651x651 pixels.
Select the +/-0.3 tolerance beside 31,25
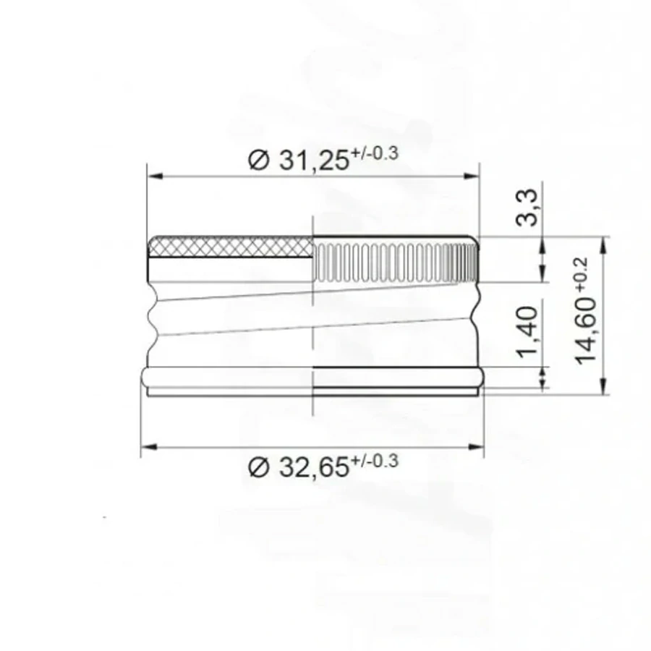coord(375,153)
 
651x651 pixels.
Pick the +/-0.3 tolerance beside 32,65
coord(375,461)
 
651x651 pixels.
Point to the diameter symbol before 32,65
coord(258,468)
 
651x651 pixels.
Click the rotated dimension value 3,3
coord(529,207)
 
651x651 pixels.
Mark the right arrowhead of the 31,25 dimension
coord(475,175)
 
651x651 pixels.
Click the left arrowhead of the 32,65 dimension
coord(147,448)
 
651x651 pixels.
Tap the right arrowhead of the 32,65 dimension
coord(478,448)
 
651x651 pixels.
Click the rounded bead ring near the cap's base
coord(311,377)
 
